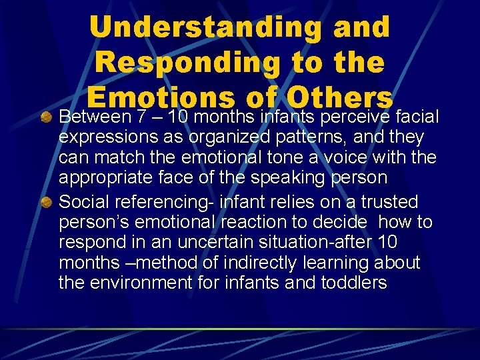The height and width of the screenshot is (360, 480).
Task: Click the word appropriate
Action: [x=101, y=177]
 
